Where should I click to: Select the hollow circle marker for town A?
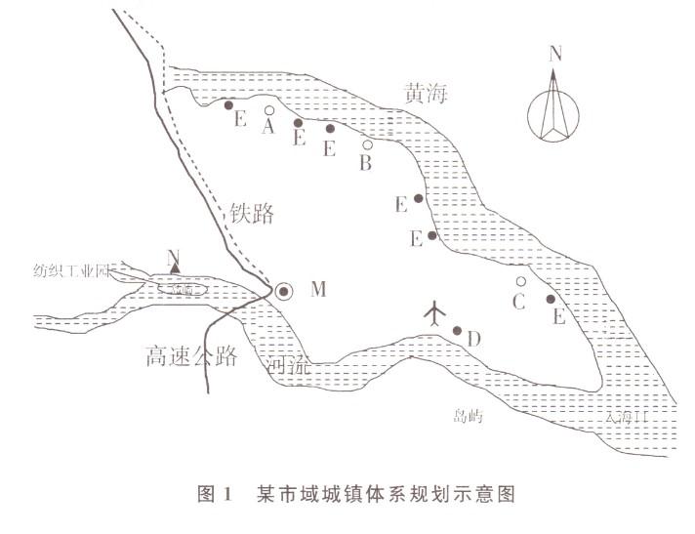(x=269, y=110)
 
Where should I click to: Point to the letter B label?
(x=365, y=164)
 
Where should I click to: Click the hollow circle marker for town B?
(x=367, y=144)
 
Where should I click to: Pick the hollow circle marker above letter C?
(x=521, y=281)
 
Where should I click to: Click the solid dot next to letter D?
(x=457, y=330)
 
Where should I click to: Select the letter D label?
(x=473, y=340)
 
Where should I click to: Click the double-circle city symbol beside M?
(x=283, y=290)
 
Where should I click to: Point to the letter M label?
(x=317, y=289)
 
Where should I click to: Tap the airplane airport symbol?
(x=435, y=312)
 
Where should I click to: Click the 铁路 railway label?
(x=252, y=213)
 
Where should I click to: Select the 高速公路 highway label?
(x=189, y=355)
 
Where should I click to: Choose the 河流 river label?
(x=289, y=366)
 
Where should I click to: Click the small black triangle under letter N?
(x=175, y=270)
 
